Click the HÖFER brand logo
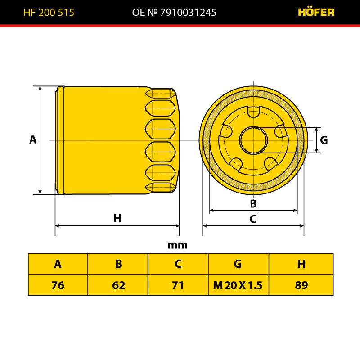click(316, 12)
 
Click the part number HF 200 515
click(49, 13)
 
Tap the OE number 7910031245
click(188, 13)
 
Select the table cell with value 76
click(58, 285)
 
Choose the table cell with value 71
click(178, 285)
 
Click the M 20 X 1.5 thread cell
click(238, 285)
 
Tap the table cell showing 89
click(301, 285)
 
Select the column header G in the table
click(238, 264)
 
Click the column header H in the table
click(301, 264)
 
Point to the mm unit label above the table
click(177, 245)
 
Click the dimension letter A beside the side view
click(33, 139)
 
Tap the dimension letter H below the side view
click(117, 218)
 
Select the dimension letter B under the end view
click(253, 204)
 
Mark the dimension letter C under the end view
click(253, 219)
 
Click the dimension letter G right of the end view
click(324, 140)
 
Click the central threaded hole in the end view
click(253, 140)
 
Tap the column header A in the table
click(58, 264)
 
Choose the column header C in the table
click(178, 264)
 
